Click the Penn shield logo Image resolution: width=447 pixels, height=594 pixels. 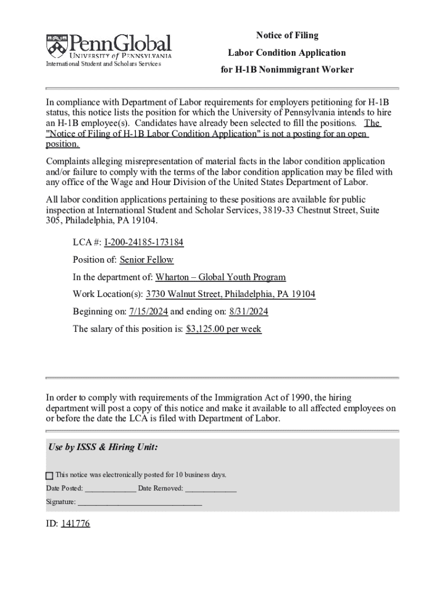pos(56,45)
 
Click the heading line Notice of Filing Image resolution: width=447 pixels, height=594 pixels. pos(287,35)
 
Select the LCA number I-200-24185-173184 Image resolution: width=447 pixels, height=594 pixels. pos(144,242)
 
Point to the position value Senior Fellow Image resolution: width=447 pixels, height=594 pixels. pos(146,260)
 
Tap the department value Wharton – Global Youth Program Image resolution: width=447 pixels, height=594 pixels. pos(221,277)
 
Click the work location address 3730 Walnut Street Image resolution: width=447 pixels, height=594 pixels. pos(230,294)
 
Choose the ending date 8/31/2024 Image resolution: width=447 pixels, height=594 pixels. pos(248,312)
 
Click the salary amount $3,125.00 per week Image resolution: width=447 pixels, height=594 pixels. pos(223,329)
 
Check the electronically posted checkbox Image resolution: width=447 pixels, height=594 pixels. pos(49,476)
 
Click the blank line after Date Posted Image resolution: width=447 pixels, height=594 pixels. pos(110,489)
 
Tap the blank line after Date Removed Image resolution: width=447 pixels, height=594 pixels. pos(211,489)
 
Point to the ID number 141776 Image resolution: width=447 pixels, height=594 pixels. pos(75,524)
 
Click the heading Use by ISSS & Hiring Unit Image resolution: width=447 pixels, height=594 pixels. pos(102,447)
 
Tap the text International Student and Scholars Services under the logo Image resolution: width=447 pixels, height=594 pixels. pos(103,64)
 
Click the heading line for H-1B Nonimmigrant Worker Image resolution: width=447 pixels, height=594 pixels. pos(287,70)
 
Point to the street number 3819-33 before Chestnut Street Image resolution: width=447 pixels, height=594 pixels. pos(276,210)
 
